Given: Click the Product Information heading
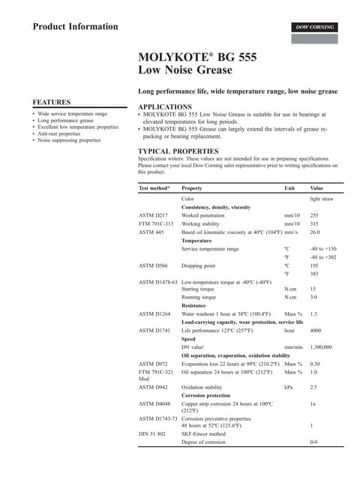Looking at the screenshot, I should tap(75, 27).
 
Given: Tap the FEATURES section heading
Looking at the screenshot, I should tap(52, 101).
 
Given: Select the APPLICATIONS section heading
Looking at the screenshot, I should tap(170, 107).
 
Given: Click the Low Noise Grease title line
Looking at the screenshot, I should tap(185, 70).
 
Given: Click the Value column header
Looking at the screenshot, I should tap(316, 188).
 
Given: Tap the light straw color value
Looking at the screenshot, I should tap(322, 198).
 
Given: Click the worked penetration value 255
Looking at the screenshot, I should tap(314, 215).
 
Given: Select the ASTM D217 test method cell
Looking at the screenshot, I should tap(153, 215).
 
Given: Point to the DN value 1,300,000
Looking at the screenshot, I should tap(321, 347).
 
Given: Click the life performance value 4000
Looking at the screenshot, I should tap(316, 330).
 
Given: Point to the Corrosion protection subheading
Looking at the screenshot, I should tap(206, 395).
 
